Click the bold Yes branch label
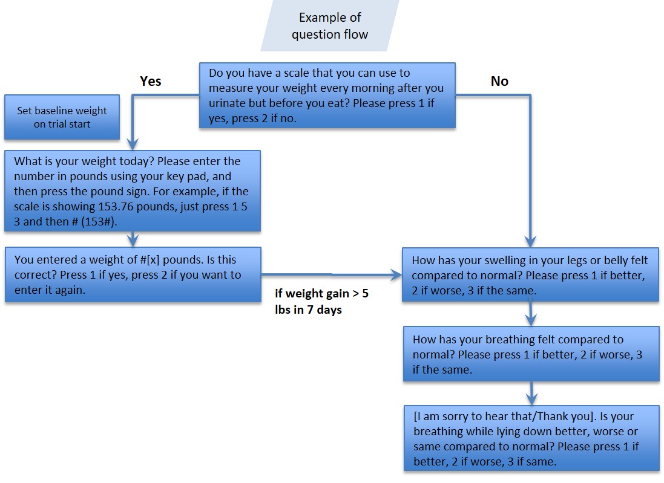click(x=151, y=81)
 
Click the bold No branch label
click(x=499, y=81)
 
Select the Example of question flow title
click(x=330, y=26)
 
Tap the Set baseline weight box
click(x=62, y=117)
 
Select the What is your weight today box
click(x=132, y=191)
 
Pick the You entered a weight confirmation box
click(x=132, y=274)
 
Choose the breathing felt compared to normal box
click(x=531, y=354)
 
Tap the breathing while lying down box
click(x=531, y=438)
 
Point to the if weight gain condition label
click(x=321, y=302)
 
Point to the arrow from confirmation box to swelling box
click(x=332, y=274)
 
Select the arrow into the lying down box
click(x=531, y=394)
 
